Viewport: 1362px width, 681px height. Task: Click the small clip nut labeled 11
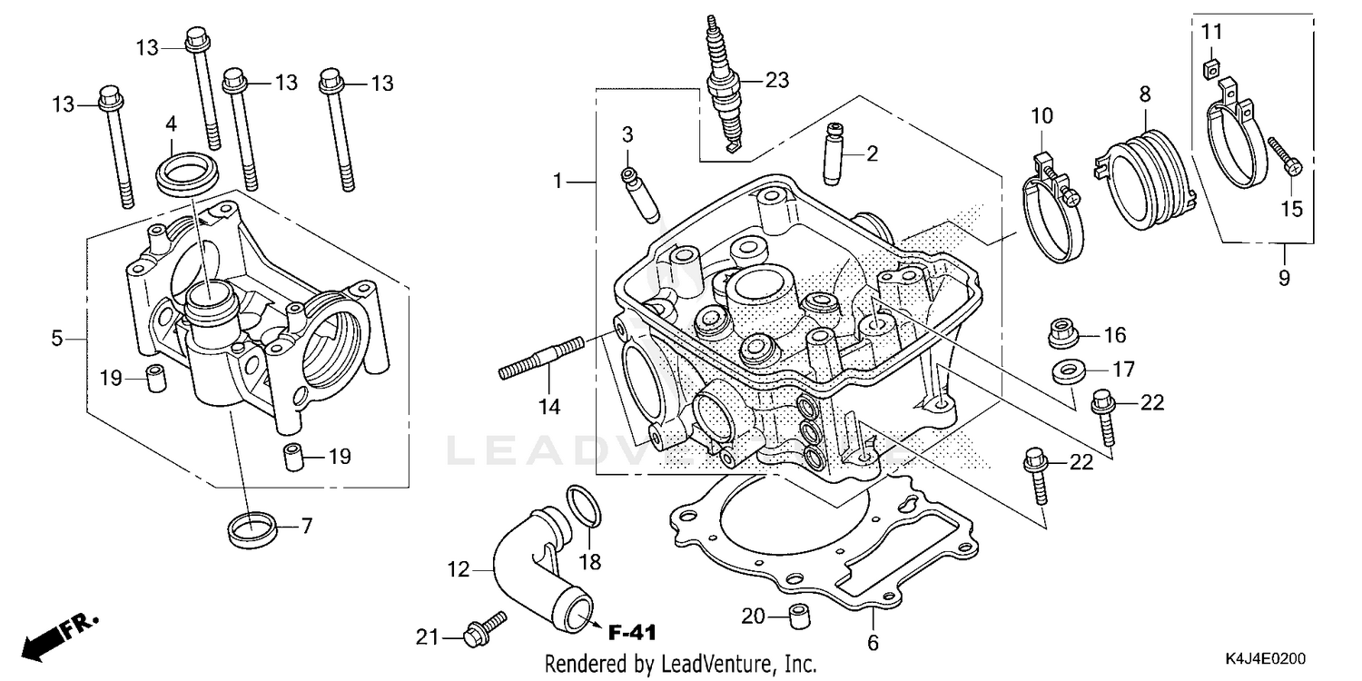click(1209, 67)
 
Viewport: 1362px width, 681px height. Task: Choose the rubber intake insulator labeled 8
click(1145, 178)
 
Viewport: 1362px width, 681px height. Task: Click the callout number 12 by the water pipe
click(459, 570)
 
